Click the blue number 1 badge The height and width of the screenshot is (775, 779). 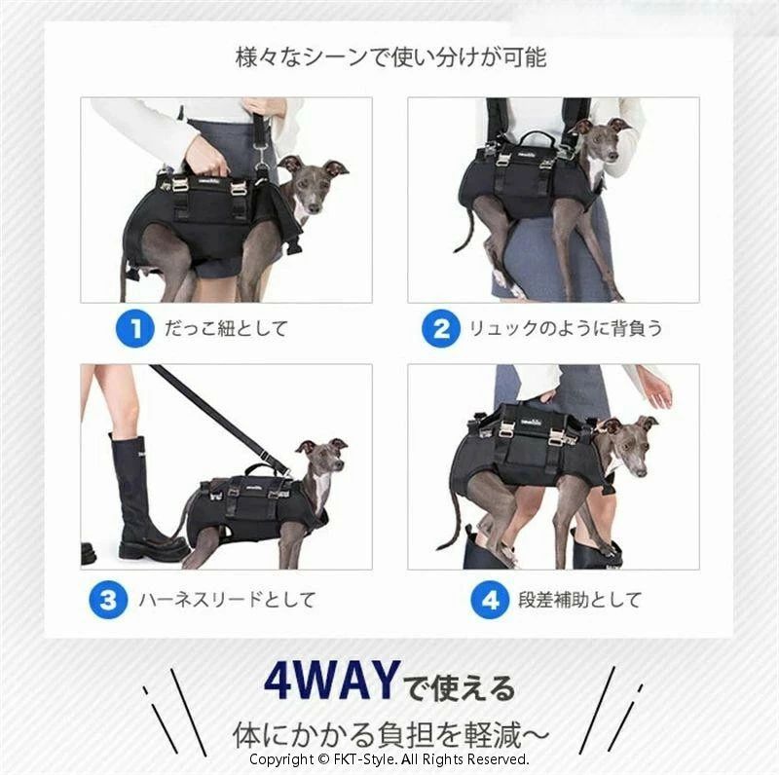coord(134,328)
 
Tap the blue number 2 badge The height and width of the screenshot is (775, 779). coord(441,328)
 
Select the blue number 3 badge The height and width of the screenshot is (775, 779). coord(108,600)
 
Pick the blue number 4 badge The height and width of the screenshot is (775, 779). coord(490,600)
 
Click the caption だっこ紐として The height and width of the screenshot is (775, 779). coord(226,328)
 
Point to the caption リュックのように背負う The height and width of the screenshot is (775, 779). coord(566,328)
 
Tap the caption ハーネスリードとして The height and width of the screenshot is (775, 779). coord(227,600)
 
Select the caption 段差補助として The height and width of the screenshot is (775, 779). coord(579,600)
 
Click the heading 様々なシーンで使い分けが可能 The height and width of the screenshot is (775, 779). coord(391,57)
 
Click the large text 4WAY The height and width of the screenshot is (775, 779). coord(332,681)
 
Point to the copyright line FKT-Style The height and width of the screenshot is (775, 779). coord(389,759)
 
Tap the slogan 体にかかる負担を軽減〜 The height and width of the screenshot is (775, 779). coord(391,735)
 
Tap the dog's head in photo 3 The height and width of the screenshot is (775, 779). coord(323,456)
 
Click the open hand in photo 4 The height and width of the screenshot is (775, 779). coord(656,391)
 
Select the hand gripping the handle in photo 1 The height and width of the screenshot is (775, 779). coord(207,155)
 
